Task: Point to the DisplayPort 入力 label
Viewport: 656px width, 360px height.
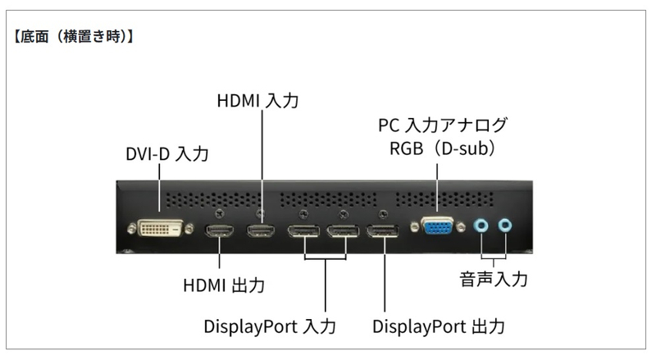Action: [x=270, y=326]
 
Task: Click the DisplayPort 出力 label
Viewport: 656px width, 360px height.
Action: [x=439, y=326]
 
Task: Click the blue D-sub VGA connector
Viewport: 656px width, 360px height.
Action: [x=438, y=226]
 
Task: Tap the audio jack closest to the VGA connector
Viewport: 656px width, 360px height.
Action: [x=484, y=224]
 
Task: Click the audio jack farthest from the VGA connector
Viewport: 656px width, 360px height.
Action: [x=507, y=224]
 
